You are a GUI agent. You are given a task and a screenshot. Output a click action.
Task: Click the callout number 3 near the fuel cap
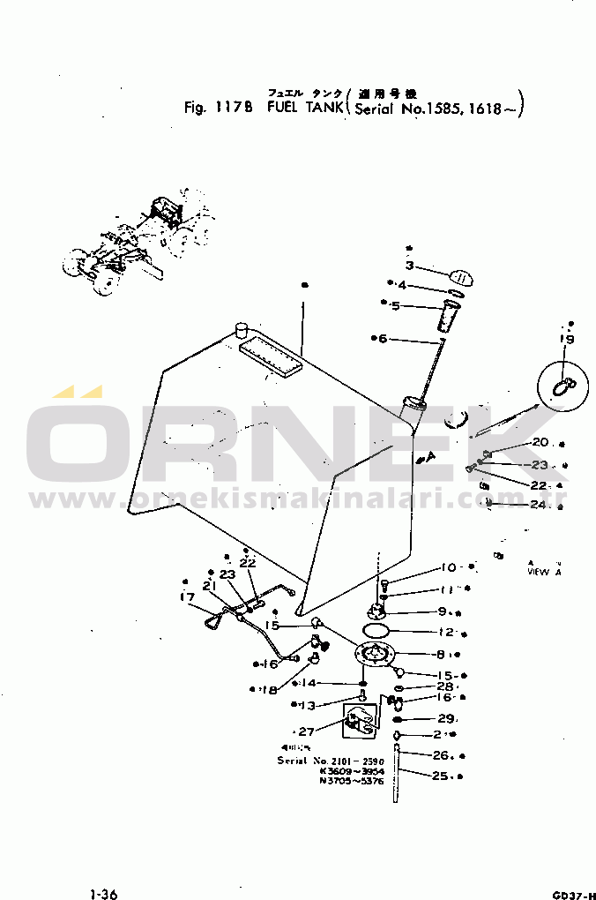pos(410,266)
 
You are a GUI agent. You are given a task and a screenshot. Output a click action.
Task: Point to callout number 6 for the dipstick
pos(384,339)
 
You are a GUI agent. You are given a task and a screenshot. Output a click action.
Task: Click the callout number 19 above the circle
pos(567,340)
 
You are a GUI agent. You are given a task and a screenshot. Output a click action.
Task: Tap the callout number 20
pos(540,443)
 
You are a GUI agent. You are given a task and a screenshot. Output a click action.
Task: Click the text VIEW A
pos(544,572)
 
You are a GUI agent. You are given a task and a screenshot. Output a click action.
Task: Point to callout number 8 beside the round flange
pos(439,655)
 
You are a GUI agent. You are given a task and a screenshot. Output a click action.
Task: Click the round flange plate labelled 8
pos(374,655)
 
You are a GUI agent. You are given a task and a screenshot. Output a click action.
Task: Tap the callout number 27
pos(307,731)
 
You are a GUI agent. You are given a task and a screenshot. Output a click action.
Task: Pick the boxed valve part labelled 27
pos(357,723)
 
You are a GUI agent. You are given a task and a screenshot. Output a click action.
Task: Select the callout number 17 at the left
pos(187,597)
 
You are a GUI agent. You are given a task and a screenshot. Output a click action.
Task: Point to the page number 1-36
pos(103,894)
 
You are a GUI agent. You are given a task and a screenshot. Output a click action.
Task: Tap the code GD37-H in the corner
pos(574,894)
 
